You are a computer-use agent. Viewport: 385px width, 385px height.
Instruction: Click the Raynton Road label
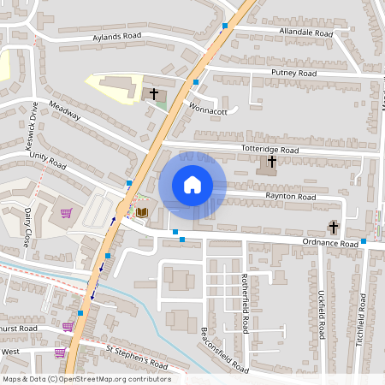(291, 197)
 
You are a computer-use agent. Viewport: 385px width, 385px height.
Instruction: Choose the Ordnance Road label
(328, 243)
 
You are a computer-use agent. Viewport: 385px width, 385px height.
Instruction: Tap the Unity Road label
(48, 157)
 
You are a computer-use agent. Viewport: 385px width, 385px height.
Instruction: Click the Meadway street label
(64, 111)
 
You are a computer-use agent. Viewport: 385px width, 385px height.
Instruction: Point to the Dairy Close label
(28, 227)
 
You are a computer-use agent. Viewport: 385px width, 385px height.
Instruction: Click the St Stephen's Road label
(137, 357)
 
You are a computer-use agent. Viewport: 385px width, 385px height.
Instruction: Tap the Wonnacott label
(208, 110)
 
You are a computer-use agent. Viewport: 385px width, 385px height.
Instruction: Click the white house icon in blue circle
(192, 184)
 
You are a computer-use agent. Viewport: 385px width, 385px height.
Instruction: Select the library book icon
(143, 211)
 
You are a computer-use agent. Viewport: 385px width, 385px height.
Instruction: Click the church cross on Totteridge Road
(272, 162)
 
